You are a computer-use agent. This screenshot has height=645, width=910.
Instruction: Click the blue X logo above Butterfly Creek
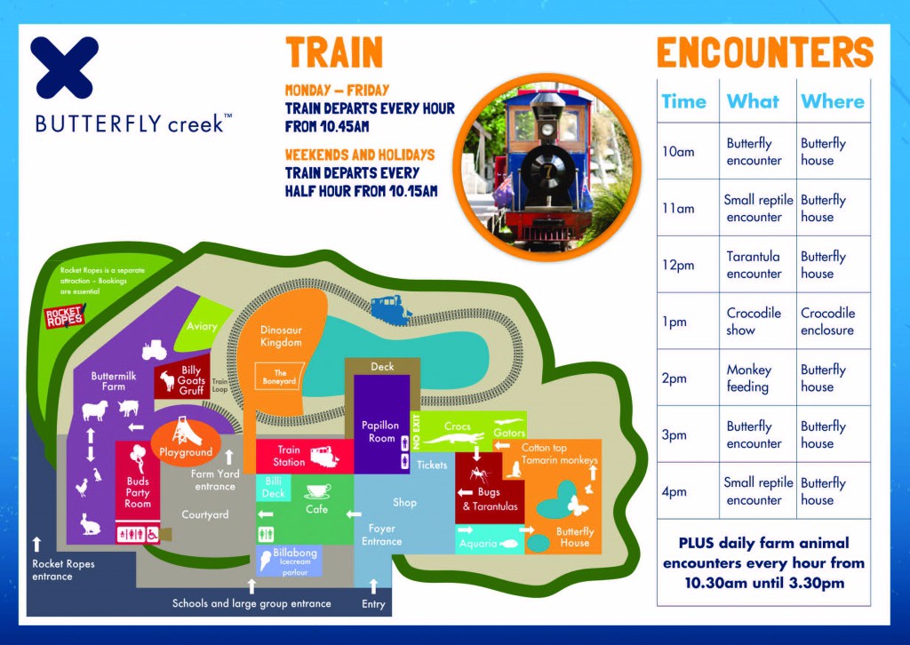click(x=65, y=68)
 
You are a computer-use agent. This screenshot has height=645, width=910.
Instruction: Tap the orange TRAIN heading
click(x=334, y=52)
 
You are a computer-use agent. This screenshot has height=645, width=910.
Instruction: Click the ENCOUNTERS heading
click(x=765, y=52)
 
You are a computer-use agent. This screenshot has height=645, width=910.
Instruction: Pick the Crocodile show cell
click(x=754, y=322)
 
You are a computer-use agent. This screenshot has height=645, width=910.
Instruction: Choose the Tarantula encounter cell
click(x=754, y=265)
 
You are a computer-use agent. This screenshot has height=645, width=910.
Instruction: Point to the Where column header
click(x=832, y=101)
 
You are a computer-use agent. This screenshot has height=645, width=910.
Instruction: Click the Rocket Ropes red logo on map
click(x=64, y=316)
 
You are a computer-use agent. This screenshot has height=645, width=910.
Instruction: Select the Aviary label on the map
click(x=202, y=326)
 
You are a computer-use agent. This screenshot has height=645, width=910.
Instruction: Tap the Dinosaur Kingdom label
click(x=281, y=337)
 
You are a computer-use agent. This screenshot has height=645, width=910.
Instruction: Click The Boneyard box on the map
click(x=279, y=377)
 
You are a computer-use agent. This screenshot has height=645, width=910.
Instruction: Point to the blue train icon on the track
click(x=390, y=308)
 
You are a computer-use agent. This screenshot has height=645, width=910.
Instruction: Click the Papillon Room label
click(x=380, y=432)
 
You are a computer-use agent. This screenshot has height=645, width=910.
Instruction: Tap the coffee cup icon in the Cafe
click(x=317, y=491)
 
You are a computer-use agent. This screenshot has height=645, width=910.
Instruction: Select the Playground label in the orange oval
click(x=186, y=452)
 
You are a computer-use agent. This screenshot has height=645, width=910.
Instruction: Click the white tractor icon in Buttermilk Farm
click(x=154, y=350)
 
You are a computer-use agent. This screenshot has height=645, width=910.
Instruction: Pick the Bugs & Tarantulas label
click(x=490, y=498)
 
